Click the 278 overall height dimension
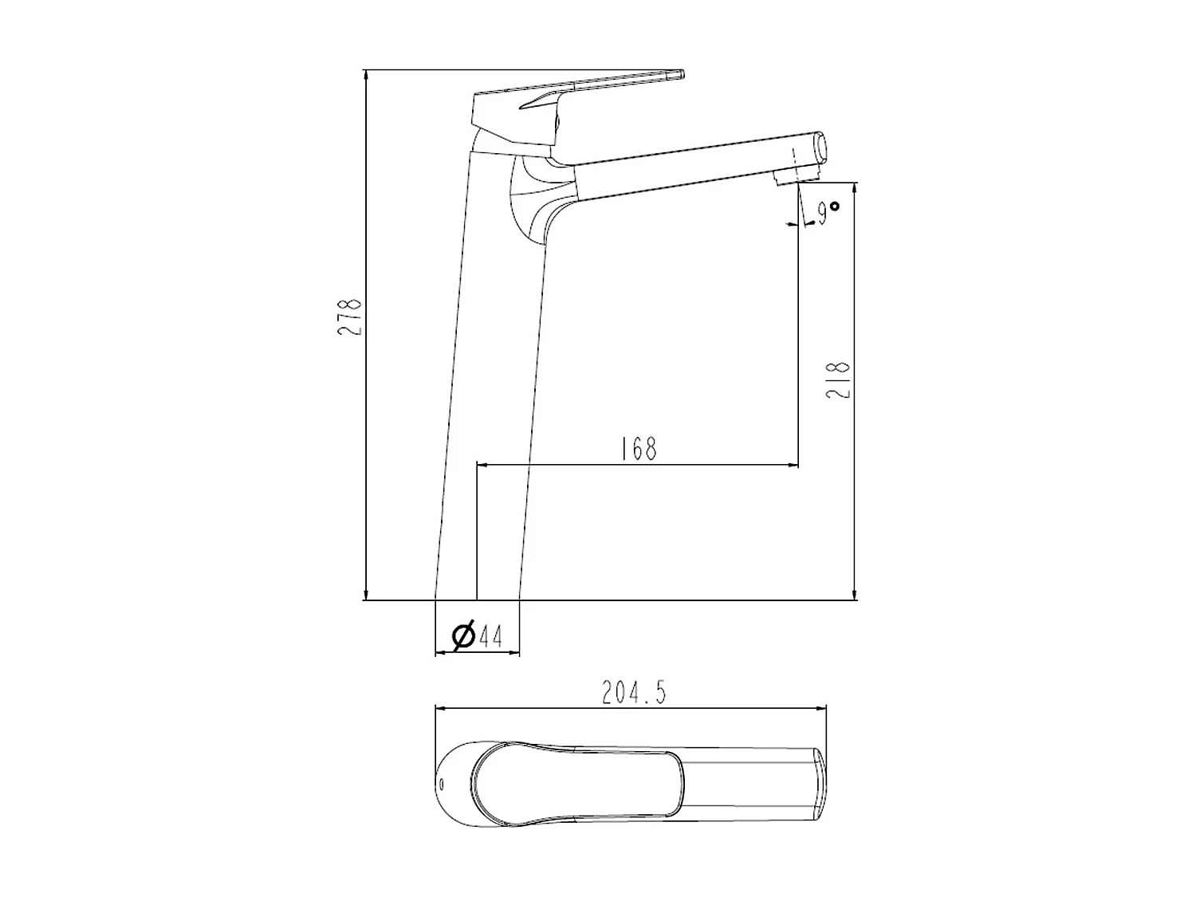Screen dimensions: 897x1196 (x=349, y=317)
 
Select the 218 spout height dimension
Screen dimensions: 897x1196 (x=840, y=380)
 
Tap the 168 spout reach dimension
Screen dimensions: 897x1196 (x=639, y=449)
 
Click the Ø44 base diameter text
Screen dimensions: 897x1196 (x=478, y=635)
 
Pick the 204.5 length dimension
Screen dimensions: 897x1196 (x=634, y=693)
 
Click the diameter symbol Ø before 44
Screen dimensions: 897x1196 (x=463, y=635)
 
